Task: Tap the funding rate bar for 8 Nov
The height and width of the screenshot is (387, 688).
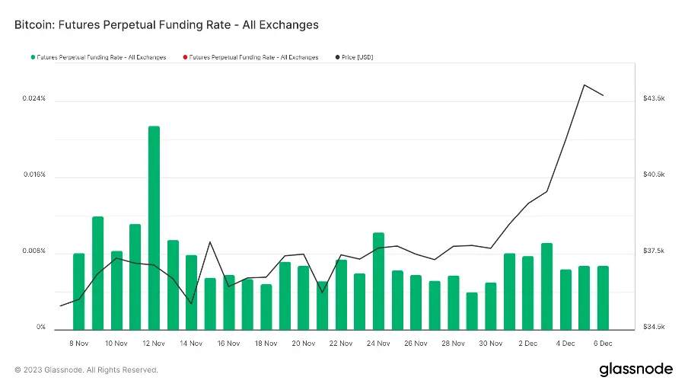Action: point(79,291)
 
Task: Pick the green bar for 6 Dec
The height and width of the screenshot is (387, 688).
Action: point(603,297)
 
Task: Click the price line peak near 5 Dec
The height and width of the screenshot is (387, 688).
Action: point(584,85)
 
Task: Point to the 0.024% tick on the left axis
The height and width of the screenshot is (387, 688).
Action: point(33,99)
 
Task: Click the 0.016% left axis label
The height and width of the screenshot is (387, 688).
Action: point(33,175)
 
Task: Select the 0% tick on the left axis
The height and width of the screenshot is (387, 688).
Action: point(42,328)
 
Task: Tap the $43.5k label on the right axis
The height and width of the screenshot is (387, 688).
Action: point(655,99)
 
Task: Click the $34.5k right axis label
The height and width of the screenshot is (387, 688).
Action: point(655,328)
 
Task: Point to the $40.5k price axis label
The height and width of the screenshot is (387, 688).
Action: point(655,175)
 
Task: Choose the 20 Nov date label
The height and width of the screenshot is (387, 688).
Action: point(304,344)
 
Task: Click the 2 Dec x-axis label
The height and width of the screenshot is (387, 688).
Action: point(528,344)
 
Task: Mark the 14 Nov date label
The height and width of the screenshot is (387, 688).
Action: point(191,344)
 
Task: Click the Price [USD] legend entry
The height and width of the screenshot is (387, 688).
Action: point(357,57)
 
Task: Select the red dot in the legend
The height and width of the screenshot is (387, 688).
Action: point(184,57)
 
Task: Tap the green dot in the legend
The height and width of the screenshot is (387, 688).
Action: point(32,57)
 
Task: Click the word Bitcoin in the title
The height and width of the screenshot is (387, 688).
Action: point(34,25)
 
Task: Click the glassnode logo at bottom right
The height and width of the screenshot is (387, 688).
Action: point(635,369)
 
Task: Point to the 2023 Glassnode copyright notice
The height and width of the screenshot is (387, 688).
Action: point(86,370)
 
